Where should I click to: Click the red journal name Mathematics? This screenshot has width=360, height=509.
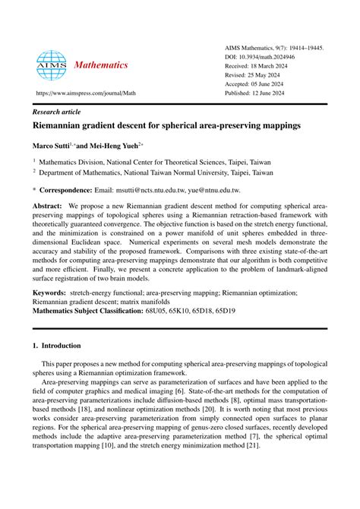101,65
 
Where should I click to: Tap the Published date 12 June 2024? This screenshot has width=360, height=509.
271,95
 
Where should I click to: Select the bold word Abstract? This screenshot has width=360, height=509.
46,206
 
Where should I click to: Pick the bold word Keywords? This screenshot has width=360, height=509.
49,292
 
